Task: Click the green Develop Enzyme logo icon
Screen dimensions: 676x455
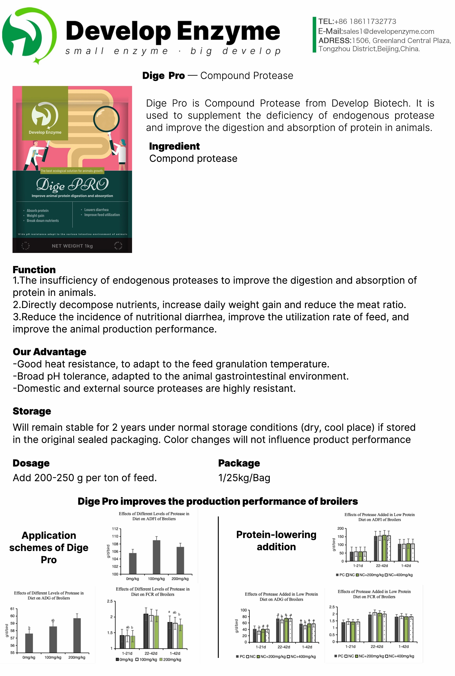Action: click(x=29, y=35)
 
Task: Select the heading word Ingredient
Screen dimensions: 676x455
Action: click(x=174, y=146)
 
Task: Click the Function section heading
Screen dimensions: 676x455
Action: click(x=34, y=269)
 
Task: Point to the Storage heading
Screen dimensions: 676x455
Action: click(x=32, y=411)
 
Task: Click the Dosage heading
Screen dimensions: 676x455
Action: click(x=31, y=463)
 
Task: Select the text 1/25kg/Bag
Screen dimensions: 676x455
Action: click(x=244, y=478)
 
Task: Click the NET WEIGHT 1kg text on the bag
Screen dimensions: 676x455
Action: click(x=72, y=246)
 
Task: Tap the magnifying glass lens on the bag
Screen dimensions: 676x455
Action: click(x=106, y=119)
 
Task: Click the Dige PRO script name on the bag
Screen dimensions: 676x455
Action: click(x=72, y=185)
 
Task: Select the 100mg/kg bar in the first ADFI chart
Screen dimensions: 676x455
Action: click(x=156, y=557)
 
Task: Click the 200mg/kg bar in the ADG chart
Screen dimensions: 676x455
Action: click(x=77, y=635)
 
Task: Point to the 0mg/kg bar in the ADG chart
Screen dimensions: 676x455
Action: click(x=29, y=643)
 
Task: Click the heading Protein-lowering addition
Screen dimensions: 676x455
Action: click(x=276, y=540)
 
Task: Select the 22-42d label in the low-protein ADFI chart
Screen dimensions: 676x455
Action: click(x=382, y=566)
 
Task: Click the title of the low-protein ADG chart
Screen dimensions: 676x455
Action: click(x=281, y=596)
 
